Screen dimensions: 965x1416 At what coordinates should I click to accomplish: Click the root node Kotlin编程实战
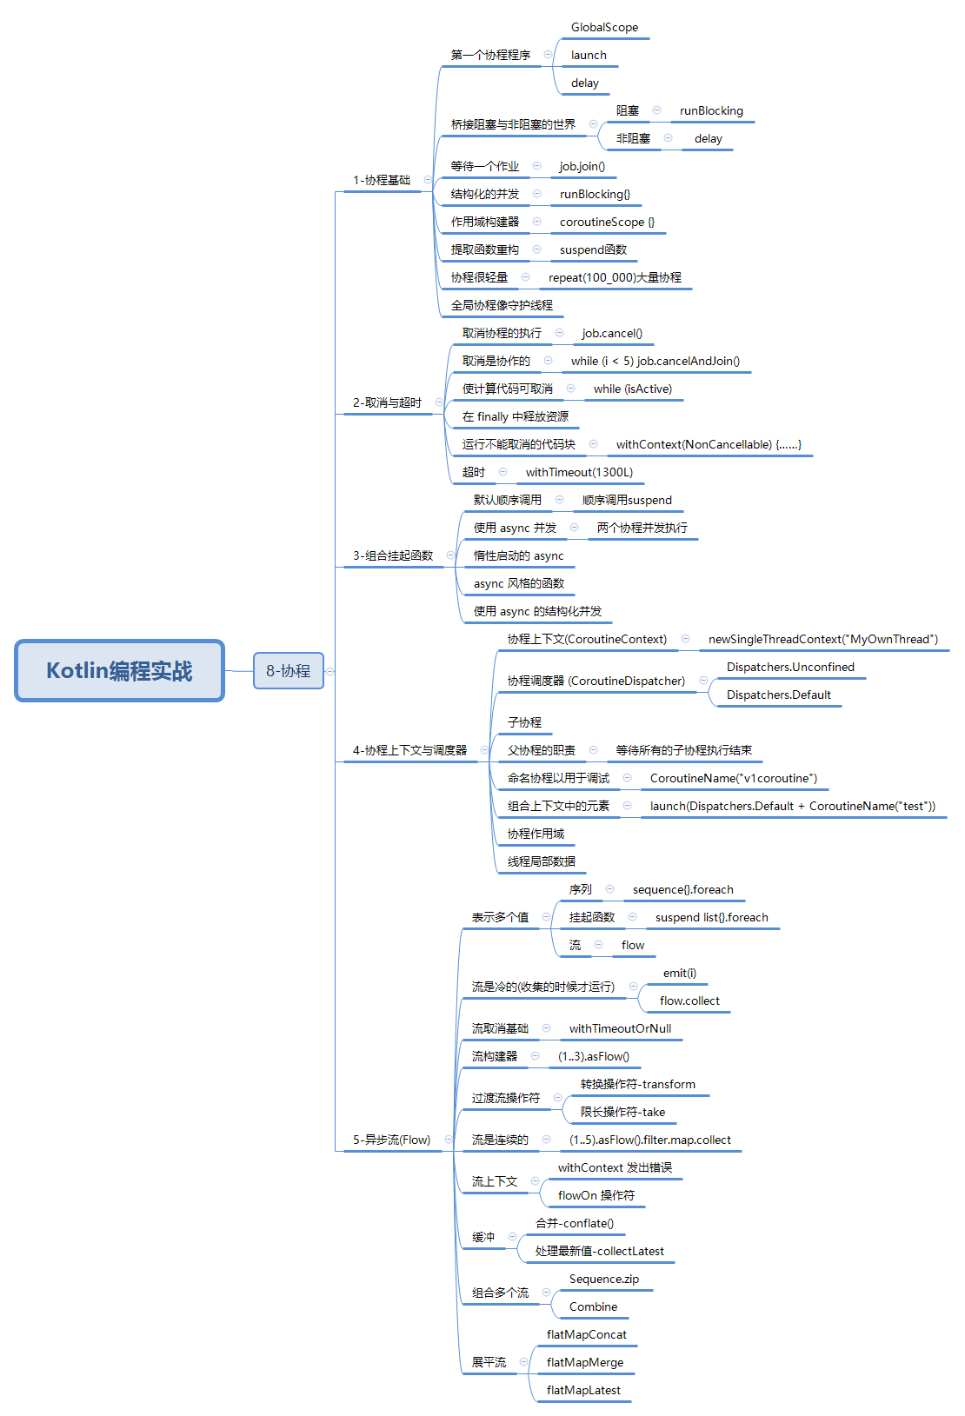click(119, 671)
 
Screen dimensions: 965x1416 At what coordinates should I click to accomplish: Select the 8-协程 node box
click(289, 671)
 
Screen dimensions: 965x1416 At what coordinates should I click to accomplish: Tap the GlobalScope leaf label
click(604, 27)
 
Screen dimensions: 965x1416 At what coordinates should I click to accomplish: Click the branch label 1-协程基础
click(382, 180)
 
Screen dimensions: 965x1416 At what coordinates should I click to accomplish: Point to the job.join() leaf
click(582, 166)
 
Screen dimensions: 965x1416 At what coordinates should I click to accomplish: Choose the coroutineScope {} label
click(607, 222)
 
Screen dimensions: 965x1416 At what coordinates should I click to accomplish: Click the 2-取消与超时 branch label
click(387, 402)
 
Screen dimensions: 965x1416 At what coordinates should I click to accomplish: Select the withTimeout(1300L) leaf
click(579, 472)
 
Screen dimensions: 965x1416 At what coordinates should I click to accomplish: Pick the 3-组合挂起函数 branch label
click(393, 555)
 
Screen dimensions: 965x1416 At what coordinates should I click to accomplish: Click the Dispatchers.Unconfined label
click(790, 667)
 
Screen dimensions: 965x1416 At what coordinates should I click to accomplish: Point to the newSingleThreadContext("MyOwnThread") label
click(823, 639)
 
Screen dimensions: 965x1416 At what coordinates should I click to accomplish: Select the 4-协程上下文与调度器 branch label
click(409, 750)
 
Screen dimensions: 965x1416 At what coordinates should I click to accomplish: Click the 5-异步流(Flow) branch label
click(391, 1140)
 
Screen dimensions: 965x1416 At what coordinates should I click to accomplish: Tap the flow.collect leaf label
click(689, 1001)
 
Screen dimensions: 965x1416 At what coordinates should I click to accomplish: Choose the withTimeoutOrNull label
click(621, 1028)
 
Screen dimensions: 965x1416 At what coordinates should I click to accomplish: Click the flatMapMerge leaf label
click(585, 1362)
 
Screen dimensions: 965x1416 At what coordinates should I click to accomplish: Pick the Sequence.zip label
click(604, 1279)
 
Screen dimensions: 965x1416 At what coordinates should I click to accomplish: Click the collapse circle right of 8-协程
click(330, 671)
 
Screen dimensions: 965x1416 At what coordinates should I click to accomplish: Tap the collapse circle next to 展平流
click(523, 1361)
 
